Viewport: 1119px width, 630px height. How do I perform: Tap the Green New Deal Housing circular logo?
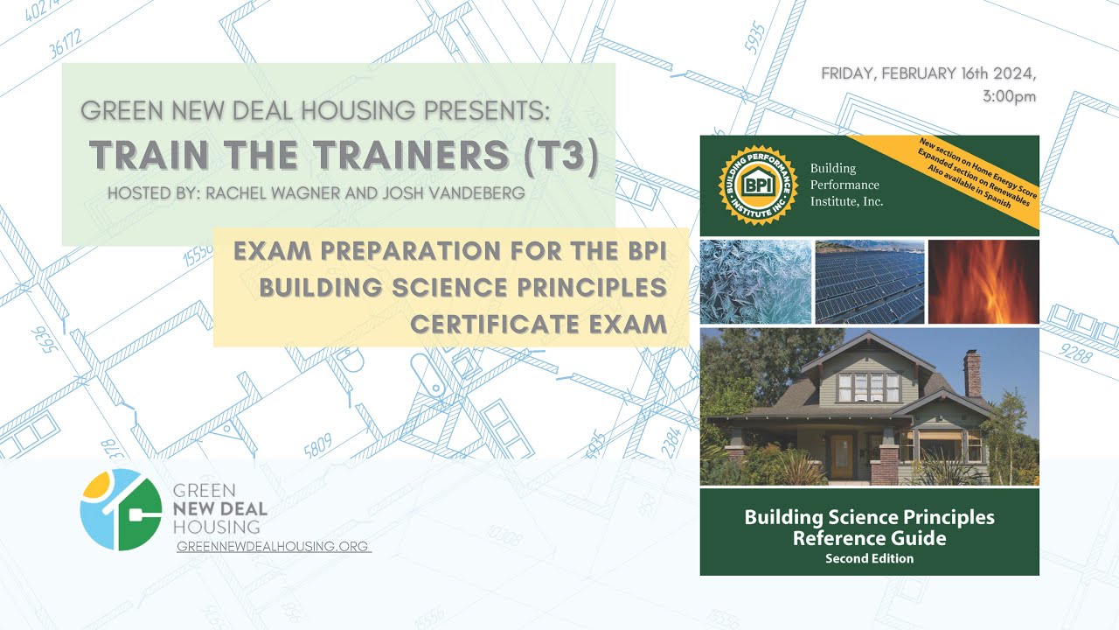(x=121, y=509)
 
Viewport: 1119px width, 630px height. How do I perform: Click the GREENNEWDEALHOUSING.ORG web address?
(x=274, y=546)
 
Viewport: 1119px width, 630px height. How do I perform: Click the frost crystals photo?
(x=754, y=282)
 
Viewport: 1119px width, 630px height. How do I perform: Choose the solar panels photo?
(x=869, y=282)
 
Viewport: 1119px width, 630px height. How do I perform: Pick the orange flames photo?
(x=983, y=282)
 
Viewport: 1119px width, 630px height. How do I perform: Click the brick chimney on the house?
(x=972, y=374)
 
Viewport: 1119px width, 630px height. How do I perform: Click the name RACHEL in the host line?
(x=236, y=193)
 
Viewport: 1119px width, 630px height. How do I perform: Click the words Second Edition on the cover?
(x=869, y=558)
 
